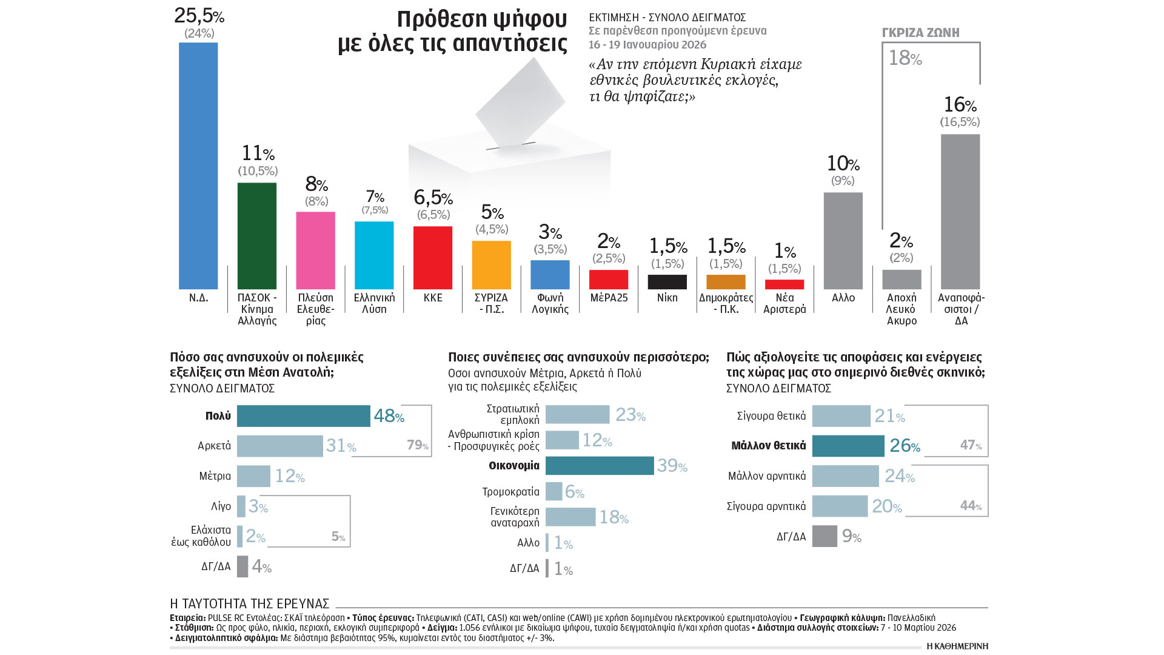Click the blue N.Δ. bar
[198, 166]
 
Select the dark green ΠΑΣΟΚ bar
[257, 236]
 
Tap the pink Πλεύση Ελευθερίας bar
[315, 250]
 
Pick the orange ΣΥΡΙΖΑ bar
[491, 265]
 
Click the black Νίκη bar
[667, 282]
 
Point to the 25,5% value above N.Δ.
[199, 16]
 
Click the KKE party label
[433, 298]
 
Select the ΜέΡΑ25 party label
[609, 298]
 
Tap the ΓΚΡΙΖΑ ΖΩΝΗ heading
[920, 33]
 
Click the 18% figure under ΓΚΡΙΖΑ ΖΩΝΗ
[905, 58]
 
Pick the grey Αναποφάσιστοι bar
[960, 212]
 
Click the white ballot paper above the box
[520, 103]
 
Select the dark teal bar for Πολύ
[303, 416]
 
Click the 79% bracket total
[418, 445]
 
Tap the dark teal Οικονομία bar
[599, 466]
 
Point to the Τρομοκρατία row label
[510, 492]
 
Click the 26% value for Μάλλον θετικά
[905, 446]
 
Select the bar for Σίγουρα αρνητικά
[840, 506]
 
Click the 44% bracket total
[971, 506]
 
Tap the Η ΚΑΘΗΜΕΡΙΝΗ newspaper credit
[957, 646]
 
